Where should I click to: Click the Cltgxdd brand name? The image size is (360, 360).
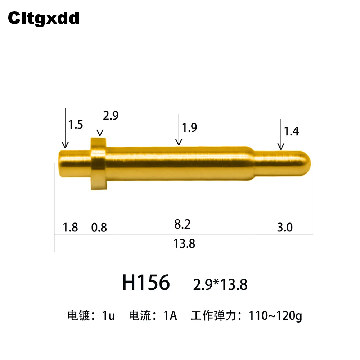[44, 18]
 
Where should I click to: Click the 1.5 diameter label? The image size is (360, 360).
[76, 125]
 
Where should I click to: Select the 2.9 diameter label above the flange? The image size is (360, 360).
[111, 116]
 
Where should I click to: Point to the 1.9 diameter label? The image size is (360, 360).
[189, 128]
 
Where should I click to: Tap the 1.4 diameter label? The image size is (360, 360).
[291, 131]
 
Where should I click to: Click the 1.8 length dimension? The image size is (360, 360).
[70, 228]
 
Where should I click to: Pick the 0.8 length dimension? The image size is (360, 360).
[99, 228]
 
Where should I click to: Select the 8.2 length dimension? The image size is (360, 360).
[182, 224]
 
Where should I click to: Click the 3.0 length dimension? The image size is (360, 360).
[285, 228]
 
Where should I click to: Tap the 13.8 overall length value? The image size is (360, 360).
[184, 244]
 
